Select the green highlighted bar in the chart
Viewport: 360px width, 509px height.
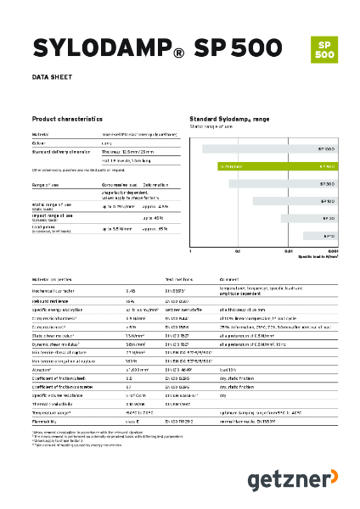279,166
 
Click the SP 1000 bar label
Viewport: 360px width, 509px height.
328,149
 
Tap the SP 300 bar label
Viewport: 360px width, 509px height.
328,183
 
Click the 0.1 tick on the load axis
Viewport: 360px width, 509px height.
239,251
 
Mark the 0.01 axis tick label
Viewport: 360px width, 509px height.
287,251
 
